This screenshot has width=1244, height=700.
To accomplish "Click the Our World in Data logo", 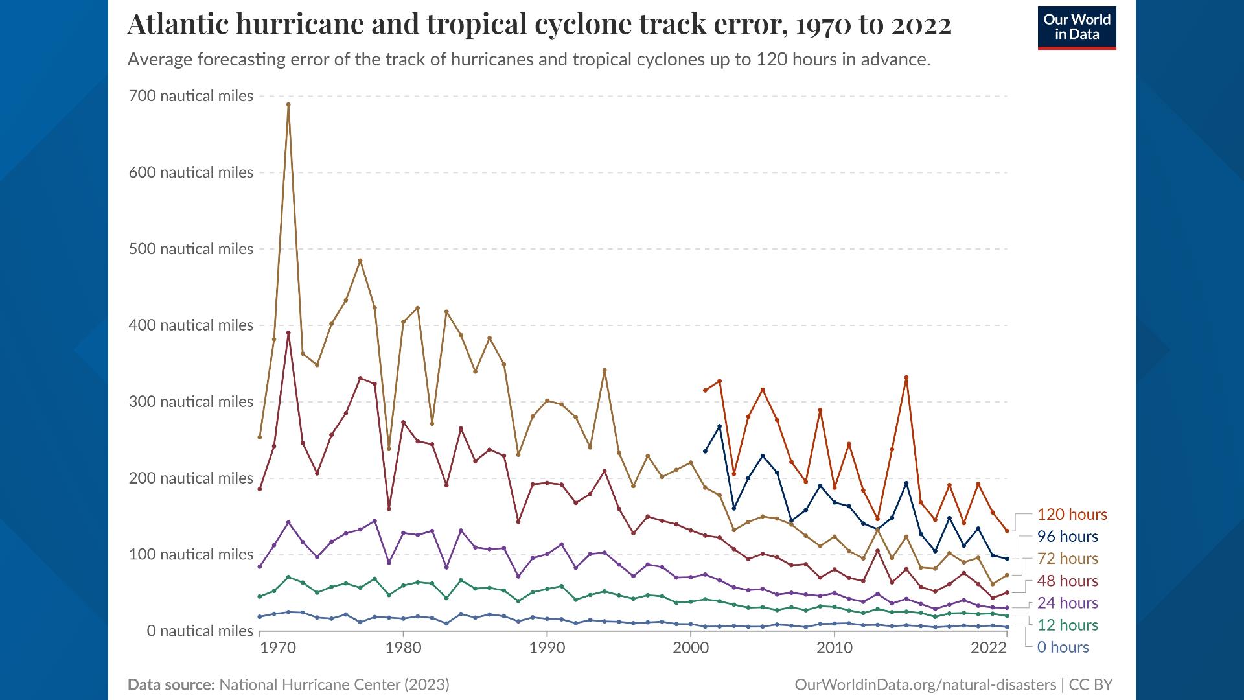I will click(x=1077, y=28).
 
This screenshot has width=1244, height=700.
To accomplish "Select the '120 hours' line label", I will click(x=1072, y=515).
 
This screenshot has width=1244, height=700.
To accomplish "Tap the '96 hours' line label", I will click(x=1067, y=537).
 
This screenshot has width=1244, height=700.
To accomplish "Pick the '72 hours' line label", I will click(x=1067, y=559).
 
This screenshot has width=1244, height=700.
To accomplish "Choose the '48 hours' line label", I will click(x=1067, y=581).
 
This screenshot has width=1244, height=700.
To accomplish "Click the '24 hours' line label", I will click(x=1067, y=603).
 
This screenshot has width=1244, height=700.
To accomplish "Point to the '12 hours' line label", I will click(x=1067, y=625).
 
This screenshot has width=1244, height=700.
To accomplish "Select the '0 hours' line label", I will click(x=1063, y=647).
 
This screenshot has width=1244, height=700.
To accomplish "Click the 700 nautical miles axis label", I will click(x=192, y=96).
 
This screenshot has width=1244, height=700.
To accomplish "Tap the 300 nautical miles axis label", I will click(x=192, y=402).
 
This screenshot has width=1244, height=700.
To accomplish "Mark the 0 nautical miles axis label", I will click(x=200, y=631).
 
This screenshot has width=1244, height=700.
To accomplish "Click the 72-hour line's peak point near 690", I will click(x=288, y=104).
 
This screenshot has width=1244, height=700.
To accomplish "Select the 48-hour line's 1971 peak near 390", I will click(x=288, y=333).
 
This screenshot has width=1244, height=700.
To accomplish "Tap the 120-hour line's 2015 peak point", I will click(x=906, y=378).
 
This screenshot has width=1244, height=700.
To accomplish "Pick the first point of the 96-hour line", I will click(x=705, y=451).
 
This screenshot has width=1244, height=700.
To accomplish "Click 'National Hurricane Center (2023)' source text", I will click(x=334, y=684).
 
